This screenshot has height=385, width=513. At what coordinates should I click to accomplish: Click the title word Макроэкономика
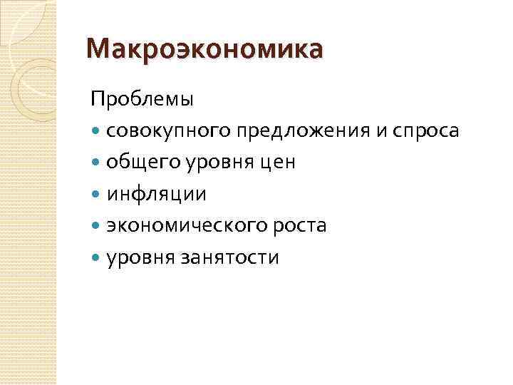pyautogui.click(x=203, y=51)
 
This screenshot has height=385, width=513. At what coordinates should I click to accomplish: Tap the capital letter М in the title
pyautogui.click(x=97, y=51)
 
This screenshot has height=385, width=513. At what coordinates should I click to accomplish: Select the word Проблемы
pyautogui.click(x=142, y=100)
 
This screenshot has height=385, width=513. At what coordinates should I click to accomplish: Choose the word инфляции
pyautogui.click(x=156, y=195)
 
